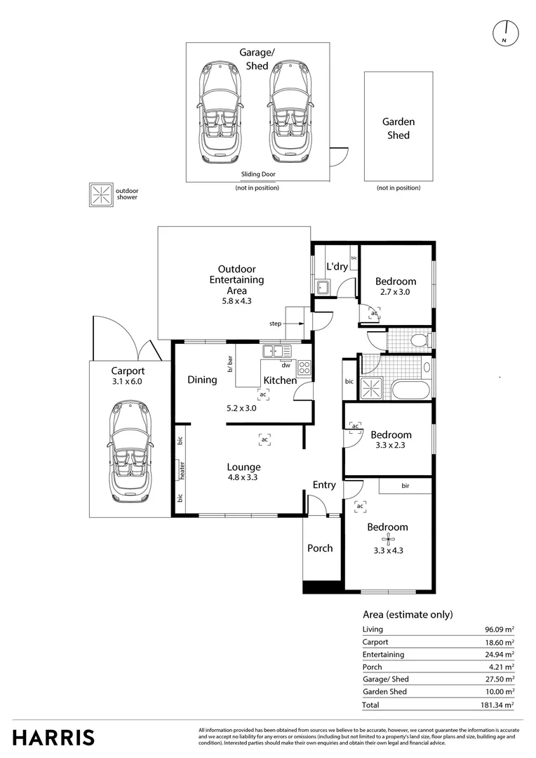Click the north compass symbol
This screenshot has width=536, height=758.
click(505, 32)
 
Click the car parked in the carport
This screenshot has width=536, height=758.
click(128, 451)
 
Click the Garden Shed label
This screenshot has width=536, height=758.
click(398, 128)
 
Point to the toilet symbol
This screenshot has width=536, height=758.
click(420, 340)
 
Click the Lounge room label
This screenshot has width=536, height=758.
click(243, 467)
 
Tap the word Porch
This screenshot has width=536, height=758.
click(320, 548)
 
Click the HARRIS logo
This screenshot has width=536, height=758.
click(53, 738)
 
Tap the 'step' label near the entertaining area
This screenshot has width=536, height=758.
click(275, 324)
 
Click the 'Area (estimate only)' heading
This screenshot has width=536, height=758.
click(408, 614)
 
